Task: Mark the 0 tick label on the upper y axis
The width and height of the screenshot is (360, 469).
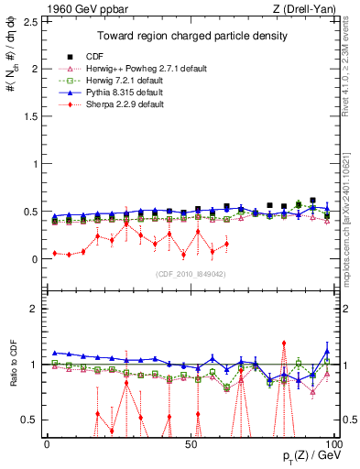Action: tap(36, 259)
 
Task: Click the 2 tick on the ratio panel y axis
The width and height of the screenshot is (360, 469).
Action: tap(36, 309)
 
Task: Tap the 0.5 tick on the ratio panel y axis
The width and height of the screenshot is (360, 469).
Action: tap(32, 420)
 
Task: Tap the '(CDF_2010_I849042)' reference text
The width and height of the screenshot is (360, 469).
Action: tap(190, 274)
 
